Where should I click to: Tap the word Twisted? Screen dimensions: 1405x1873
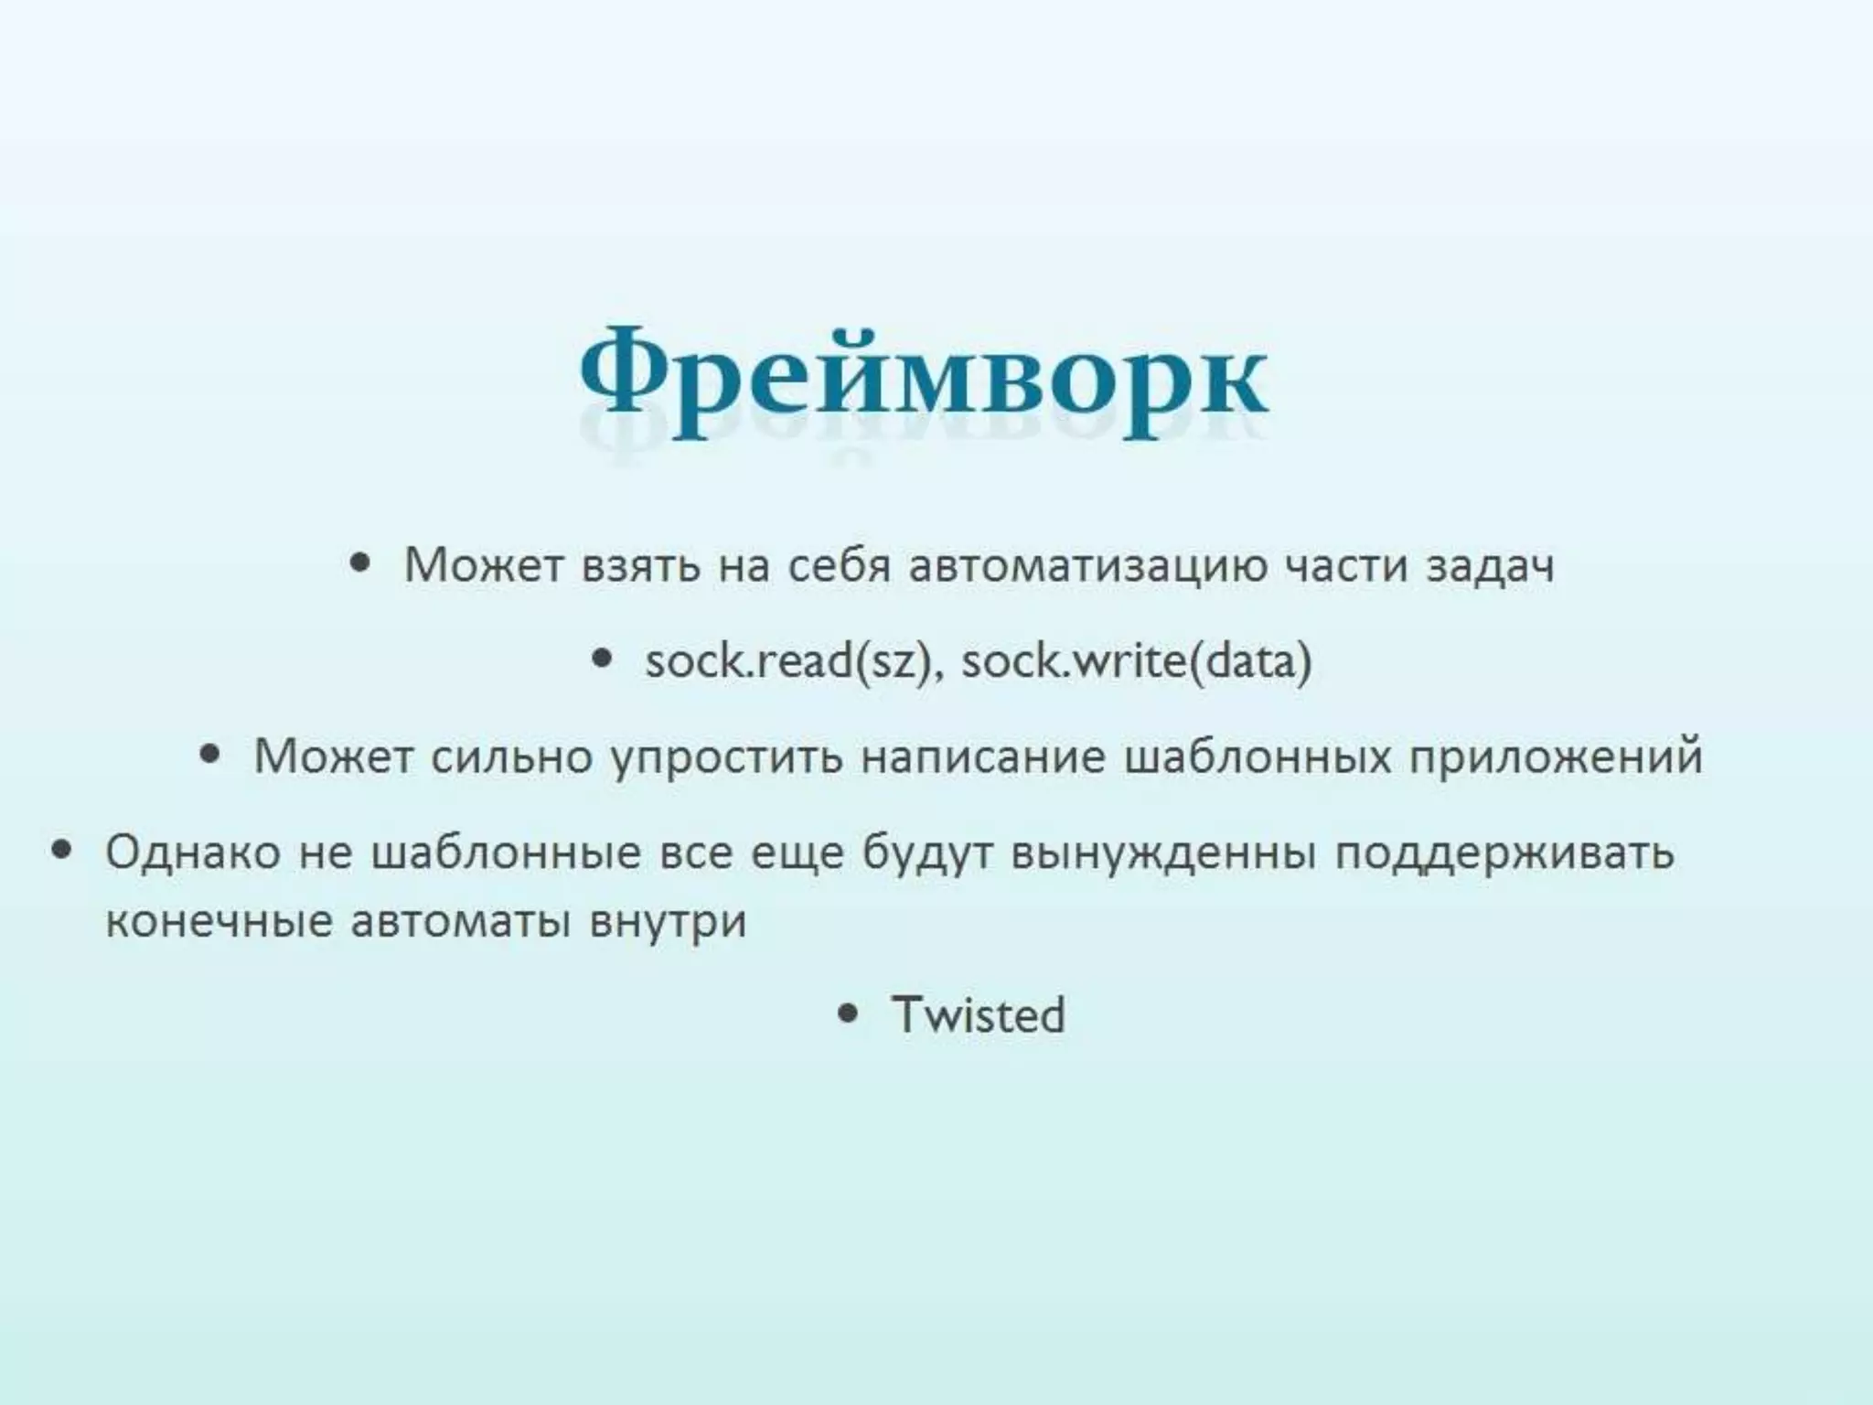979,1014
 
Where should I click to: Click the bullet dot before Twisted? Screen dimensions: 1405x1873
849,1013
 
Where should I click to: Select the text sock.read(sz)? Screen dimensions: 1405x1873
794,660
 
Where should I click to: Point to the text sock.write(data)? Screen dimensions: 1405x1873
1136,660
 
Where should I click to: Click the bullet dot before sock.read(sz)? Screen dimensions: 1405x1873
602,658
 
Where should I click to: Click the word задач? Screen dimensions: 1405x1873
1490,565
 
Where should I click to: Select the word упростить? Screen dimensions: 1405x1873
726,757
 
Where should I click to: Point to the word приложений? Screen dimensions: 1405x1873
1556,757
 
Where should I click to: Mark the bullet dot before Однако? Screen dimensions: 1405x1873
62,850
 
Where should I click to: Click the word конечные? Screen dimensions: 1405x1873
219,920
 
